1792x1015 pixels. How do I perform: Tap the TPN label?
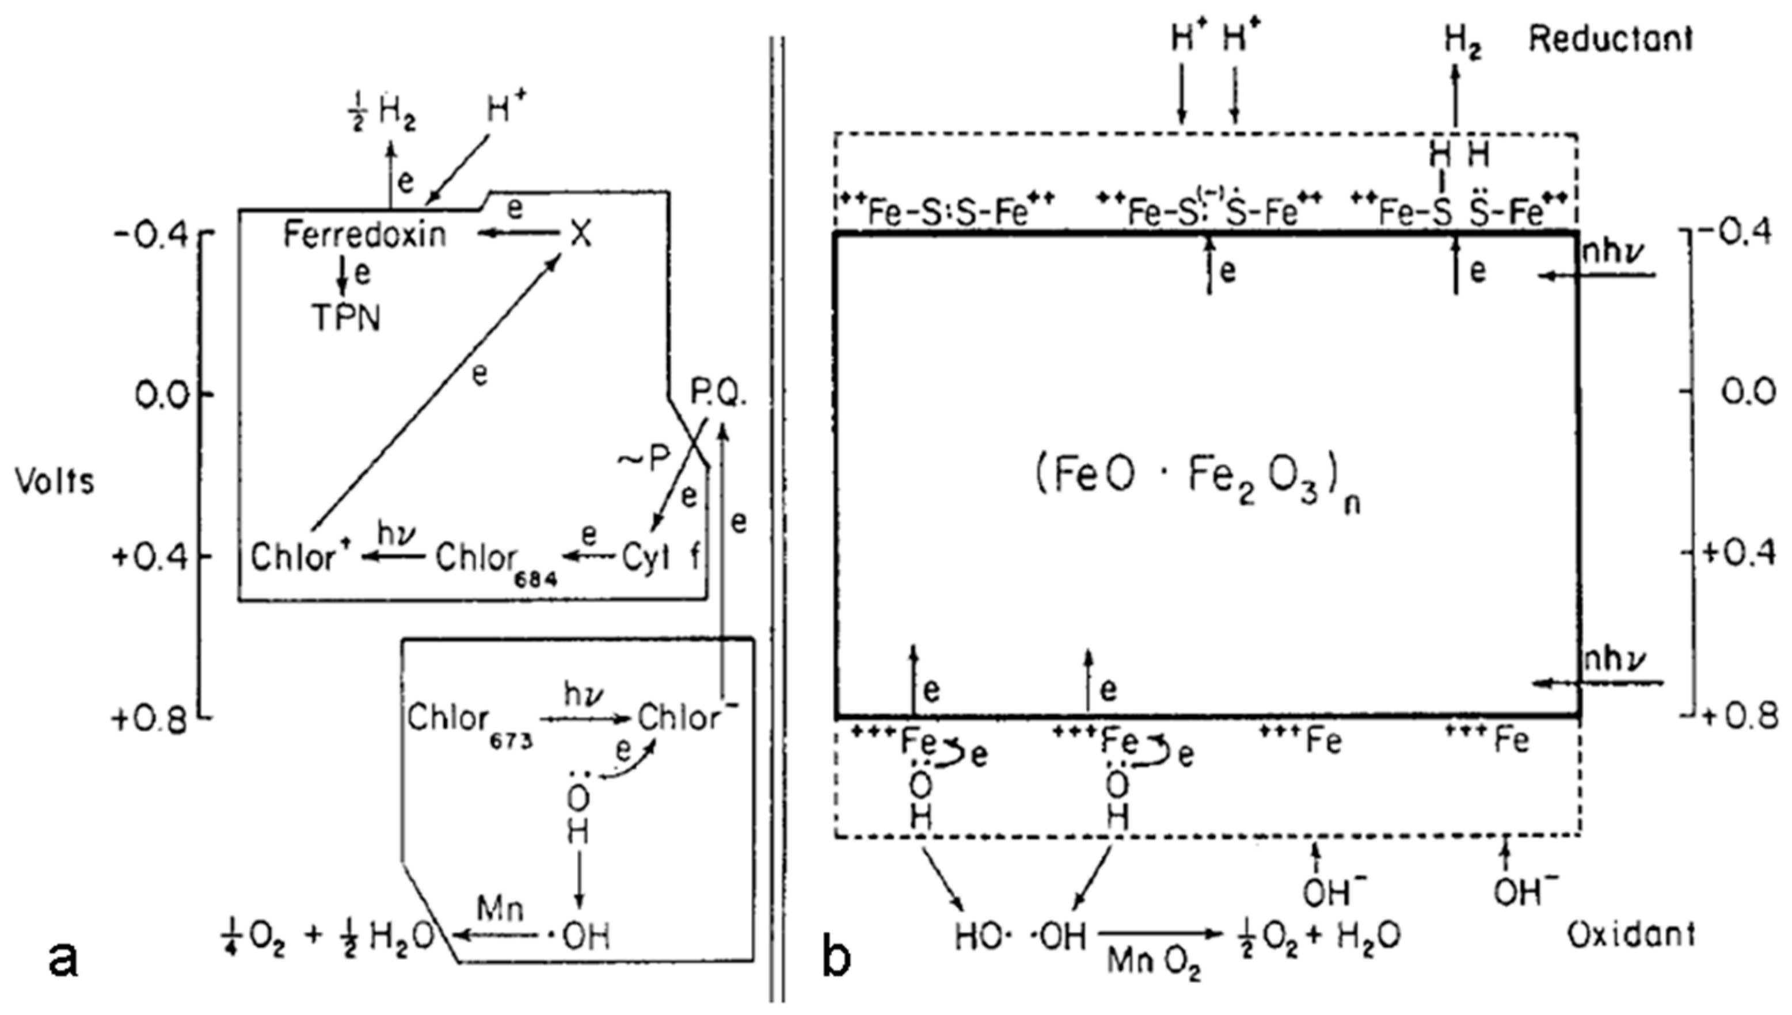coord(347,319)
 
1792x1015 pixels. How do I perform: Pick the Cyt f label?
coord(660,560)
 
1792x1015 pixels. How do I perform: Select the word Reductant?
coord(1610,39)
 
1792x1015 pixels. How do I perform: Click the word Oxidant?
coord(1631,936)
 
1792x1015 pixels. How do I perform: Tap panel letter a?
coord(63,959)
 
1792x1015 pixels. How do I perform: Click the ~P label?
coord(643,458)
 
